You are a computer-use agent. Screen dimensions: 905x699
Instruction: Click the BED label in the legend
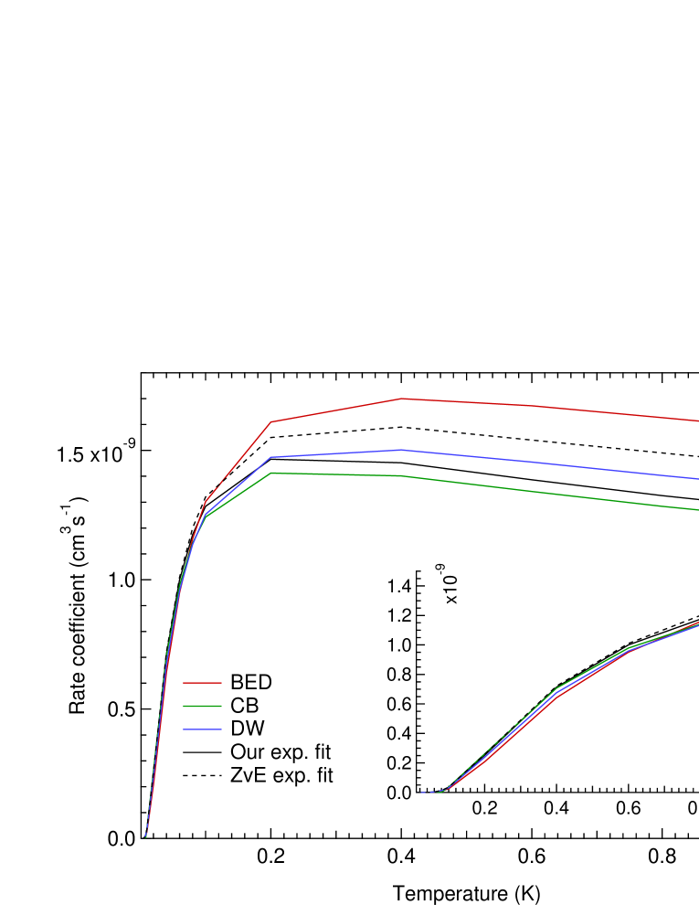point(251,683)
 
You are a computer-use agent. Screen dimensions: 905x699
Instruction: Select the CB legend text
point(245,707)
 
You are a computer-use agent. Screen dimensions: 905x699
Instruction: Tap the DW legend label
point(248,729)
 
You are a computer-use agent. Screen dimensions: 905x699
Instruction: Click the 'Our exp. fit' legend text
point(281,752)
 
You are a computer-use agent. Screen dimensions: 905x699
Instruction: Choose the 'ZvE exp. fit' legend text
point(281,776)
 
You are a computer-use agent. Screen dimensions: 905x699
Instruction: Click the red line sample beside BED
point(202,683)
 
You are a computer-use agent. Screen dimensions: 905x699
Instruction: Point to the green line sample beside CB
point(202,707)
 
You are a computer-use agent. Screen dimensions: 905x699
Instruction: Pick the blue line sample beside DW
point(202,729)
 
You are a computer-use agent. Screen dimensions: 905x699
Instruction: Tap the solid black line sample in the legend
point(202,752)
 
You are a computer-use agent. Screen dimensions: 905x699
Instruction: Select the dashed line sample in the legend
point(202,776)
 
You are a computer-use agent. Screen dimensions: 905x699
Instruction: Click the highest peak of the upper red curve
point(401,399)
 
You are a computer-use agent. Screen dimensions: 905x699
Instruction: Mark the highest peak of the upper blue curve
point(401,450)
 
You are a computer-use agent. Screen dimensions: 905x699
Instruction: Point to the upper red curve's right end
point(696,421)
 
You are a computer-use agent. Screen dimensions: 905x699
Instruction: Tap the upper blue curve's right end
point(696,478)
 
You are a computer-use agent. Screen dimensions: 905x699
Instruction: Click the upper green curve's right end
point(696,510)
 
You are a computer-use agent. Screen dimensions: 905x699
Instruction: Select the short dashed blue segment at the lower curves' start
point(430,793)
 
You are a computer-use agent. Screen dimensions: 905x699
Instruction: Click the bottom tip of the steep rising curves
point(145,836)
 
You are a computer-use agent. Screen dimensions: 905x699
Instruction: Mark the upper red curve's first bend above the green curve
point(206,501)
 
